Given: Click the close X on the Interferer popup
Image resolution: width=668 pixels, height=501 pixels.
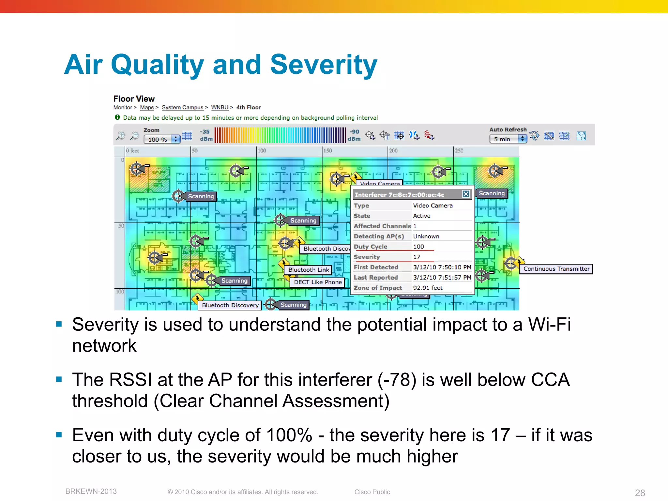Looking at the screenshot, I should pyautogui.click(x=466, y=194).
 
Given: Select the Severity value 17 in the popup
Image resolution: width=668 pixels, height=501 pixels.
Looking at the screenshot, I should pyautogui.click(x=417, y=257).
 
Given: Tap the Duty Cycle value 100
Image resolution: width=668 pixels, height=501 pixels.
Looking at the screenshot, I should pyautogui.click(x=418, y=247).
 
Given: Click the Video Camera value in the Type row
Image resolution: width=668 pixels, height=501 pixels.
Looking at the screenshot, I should pyautogui.click(x=433, y=205).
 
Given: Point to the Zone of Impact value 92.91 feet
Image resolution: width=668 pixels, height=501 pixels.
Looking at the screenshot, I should pyautogui.click(x=428, y=288).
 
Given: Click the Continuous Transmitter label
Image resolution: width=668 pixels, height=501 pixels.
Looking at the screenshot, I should pyautogui.click(x=556, y=269).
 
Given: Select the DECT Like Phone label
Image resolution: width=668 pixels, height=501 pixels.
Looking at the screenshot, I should pyautogui.click(x=317, y=282).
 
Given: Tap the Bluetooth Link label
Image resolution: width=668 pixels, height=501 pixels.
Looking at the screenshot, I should pyautogui.click(x=309, y=270).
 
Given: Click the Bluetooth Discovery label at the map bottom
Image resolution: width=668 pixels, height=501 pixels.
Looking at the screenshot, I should pyautogui.click(x=230, y=305).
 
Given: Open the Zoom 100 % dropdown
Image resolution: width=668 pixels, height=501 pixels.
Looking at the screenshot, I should pyautogui.click(x=162, y=140).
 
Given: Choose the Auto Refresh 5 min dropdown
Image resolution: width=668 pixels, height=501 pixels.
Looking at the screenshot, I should pyautogui.click(x=508, y=139).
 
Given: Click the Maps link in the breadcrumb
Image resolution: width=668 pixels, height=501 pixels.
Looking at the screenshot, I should pyautogui.click(x=147, y=107).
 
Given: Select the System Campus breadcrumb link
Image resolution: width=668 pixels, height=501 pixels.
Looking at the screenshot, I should pyautogui.click(x=182, y=107).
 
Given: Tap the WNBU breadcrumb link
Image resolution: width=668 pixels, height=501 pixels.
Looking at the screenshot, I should pyautogui.click(x=220, y=107).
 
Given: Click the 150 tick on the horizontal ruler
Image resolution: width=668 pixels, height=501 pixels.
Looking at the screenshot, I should pyautogui.click(x=327, y=151).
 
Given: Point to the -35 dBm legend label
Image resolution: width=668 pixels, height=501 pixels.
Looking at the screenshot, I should pyautogui.click(x=205, y=135).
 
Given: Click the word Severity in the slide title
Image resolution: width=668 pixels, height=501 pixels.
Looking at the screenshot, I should pyautogui.click(x=323, y=65).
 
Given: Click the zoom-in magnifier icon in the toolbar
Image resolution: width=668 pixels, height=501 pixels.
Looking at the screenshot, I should pyautogui.click(x=121, y=136).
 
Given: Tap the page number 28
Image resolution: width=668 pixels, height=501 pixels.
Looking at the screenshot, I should pyautogui.click(x=640, y=493).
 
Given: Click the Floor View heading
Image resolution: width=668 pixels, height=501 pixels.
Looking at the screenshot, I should pyautogui.click(x=134, y=99).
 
